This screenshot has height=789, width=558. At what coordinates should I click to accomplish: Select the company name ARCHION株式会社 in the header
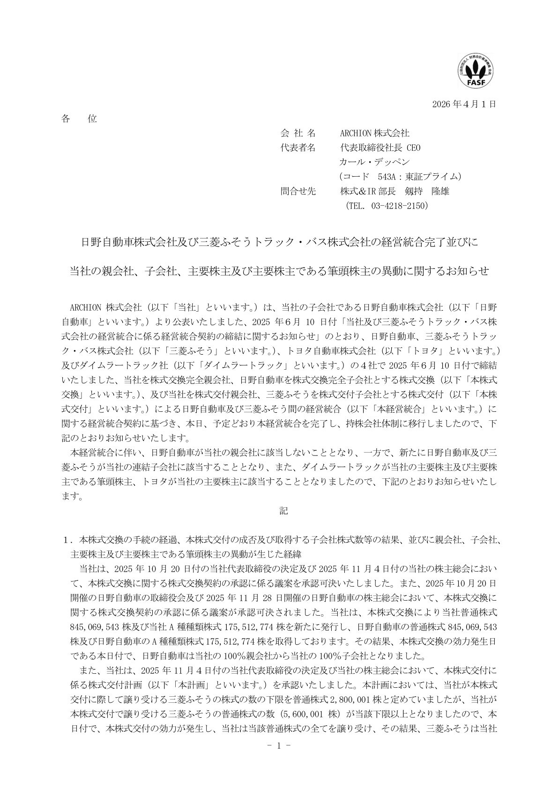[374, 134]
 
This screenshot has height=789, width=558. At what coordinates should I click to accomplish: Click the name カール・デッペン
[374, 162]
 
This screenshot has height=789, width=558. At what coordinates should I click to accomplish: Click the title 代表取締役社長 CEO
[380, 148]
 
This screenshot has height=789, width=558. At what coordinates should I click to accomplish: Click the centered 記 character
[284, 511]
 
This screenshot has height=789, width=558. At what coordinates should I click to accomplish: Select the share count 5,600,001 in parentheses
[306, 715]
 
